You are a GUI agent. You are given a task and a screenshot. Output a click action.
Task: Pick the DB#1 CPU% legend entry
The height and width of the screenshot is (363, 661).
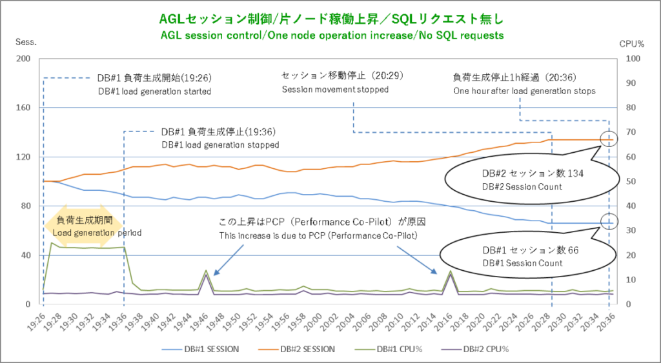pos(396,349)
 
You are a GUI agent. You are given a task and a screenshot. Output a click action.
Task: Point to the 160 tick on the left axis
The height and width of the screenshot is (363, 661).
pos(23,108)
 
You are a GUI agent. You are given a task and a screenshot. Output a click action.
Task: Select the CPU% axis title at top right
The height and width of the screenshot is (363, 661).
pos(632,44)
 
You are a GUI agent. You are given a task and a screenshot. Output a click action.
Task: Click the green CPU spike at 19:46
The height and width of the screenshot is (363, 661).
pos(206,271)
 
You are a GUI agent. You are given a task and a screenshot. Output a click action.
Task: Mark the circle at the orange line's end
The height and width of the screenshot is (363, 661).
pos(608,139)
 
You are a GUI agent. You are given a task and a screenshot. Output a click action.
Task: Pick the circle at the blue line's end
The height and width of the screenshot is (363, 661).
pos(608,222)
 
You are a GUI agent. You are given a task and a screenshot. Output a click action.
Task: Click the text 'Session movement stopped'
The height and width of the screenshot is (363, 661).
pos(335,90)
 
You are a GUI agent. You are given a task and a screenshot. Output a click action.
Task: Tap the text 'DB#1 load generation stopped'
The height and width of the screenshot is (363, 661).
pos(220,145)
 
